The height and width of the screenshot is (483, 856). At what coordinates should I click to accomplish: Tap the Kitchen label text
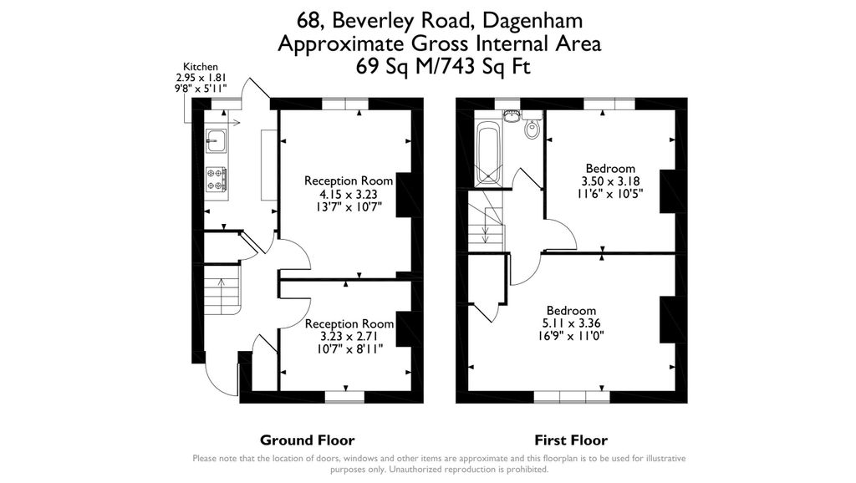click(201, 67)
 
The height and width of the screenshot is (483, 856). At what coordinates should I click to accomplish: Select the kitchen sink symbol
click(216, 140)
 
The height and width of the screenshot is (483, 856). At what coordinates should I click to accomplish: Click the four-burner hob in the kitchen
click(217, 178)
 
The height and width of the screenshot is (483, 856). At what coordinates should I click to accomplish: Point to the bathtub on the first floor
click(487, 154)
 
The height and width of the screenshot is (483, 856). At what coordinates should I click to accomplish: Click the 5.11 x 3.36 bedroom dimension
click(571, 323)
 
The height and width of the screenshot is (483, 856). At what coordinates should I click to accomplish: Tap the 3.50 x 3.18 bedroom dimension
click(610, 181)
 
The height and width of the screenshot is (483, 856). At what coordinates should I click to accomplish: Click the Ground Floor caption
click(307, 440)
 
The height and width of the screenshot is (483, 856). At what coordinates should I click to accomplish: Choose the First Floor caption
click(571, 440)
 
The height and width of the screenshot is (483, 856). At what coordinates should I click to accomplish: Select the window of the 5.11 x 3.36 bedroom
click(572, 397)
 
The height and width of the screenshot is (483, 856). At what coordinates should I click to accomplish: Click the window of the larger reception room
click(345, 104)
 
